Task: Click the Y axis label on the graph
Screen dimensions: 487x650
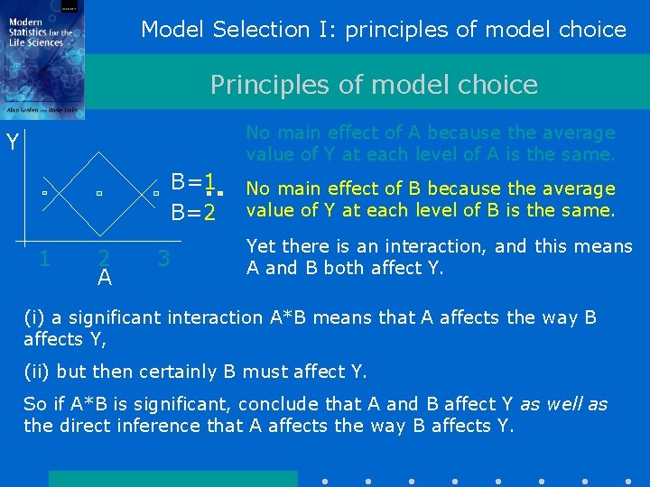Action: coord(13,142)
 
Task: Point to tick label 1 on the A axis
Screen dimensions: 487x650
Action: coord(44,259)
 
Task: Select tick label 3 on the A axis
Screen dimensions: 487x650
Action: coord(163,259)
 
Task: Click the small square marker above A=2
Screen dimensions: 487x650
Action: coord(99,194)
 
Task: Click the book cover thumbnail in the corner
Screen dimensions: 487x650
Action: coord(42,60)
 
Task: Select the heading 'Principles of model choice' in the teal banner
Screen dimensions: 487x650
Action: coord(374,85)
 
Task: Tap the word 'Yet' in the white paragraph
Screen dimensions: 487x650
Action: coord(262,246)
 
